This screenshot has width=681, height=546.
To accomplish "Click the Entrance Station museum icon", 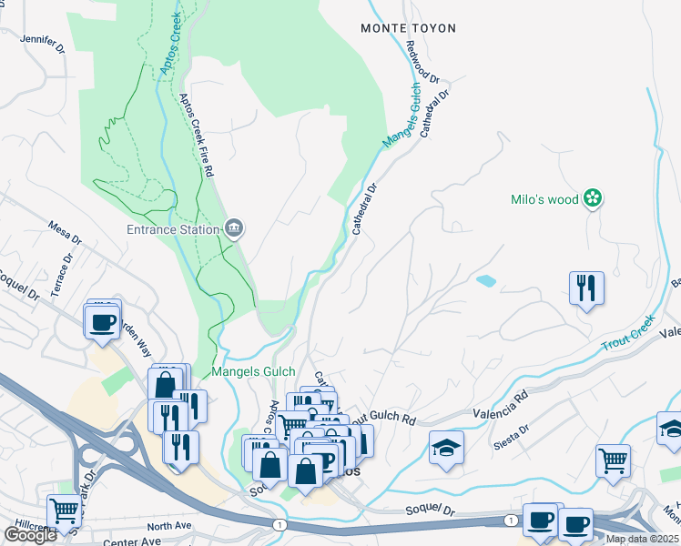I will click(234, 227).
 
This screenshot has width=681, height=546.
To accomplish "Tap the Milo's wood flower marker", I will click(593, 197).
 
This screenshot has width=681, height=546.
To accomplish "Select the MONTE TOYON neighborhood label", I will click(400, 28).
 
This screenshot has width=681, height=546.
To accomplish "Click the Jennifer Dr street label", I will click(42, 39).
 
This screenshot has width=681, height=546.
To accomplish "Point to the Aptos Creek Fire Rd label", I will click(197, 135).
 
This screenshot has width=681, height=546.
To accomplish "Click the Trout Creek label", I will click(628, 334).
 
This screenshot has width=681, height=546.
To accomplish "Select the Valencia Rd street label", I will click(500, 406).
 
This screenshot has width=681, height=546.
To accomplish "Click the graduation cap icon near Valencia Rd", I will click(446, 448).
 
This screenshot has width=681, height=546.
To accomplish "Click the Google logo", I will click(29, 535).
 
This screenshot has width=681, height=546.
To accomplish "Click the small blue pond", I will click(485, 281).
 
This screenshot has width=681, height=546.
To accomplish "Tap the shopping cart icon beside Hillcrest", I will click(64, 511).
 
